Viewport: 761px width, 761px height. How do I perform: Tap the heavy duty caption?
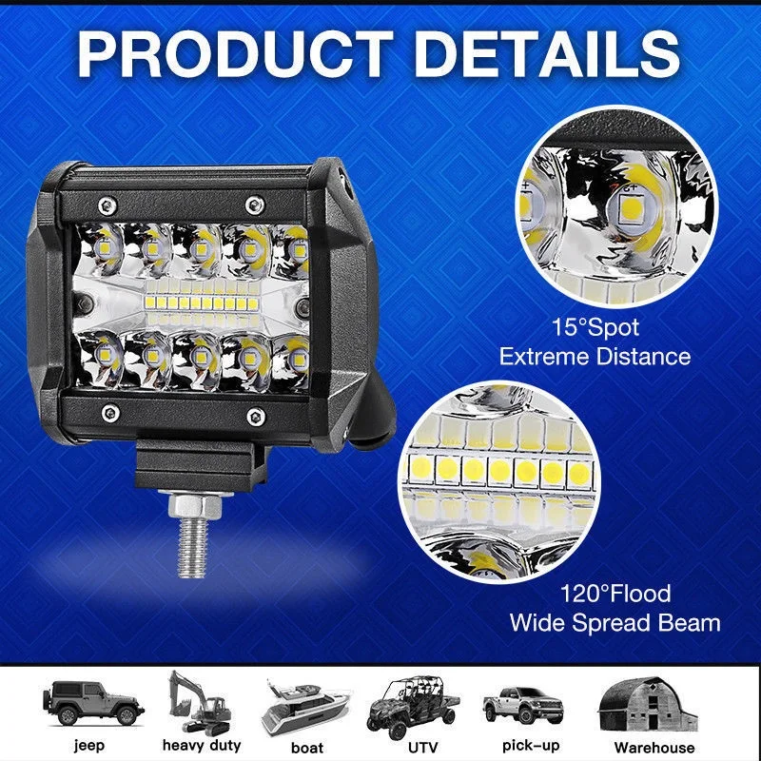pos(202,746)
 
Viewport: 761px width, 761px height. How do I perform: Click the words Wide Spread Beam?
pos(615,624)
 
